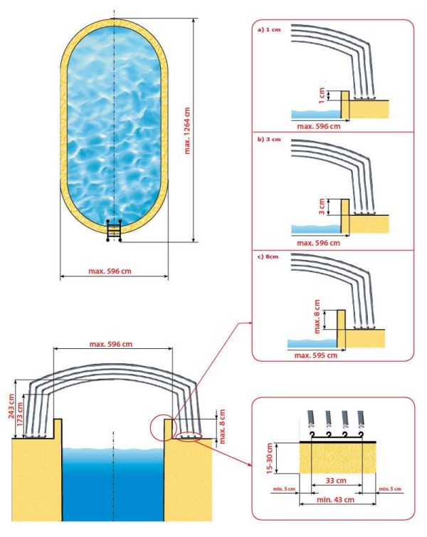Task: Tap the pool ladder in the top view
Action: pyautogui.click(x=114, y=230)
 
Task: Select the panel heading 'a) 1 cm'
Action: pyautogui.click(x=270, y=31)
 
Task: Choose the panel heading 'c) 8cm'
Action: pyautogui.click(x=269, y=256)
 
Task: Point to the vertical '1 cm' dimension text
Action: pyautogui.click(x=322, y=94)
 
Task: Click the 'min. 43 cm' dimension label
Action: pyautogui.click(x=334, y=500)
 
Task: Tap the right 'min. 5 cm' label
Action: pyautogui.click(x=389, y=489)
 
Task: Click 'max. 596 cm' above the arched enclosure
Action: pyautogui.click(x=113, y=345)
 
